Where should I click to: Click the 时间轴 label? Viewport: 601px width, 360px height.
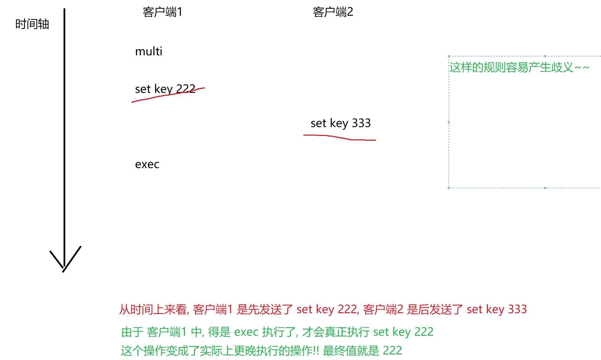pyautogui.click(x=32, y=24)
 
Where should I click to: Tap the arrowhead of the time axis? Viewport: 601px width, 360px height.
pyautogui.click(x=64, y=266)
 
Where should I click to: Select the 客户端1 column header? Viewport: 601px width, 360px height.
pyautogui.click(x=162, y=12)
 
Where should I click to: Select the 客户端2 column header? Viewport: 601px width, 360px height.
pyautogui.click(x=333, y=12)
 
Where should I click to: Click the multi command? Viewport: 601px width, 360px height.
pyautogui.click(x=149, y=52)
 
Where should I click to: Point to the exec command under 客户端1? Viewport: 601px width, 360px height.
pyautogui.click(x=147, y=165)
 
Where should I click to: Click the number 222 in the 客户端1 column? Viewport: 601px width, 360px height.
pyautogui.click(x=186, y=89)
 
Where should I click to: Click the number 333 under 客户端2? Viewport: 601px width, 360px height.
pyautogui.click(x=361, y=123)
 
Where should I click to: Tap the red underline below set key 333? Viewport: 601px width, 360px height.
pyautogui.click(x=339, y=137)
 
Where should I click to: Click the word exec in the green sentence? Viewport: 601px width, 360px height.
pyautogui.click(x=246, y=332)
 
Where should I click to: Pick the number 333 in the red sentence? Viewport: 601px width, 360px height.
pyautogui.click(x=517, y=309)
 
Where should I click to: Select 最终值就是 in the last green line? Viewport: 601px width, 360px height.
pyautogui.click(x=351, y=351)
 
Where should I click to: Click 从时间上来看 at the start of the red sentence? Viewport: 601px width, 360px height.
pyautogui.click(x=153, y=309)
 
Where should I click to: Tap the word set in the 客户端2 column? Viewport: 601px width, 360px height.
pyautogui.click(x=318, y=123)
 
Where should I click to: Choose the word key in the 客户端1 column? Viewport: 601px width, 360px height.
pyautogui.click(x=163, y=89)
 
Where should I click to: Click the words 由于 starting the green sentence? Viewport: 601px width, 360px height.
pyautogui.click(x=133, y=332)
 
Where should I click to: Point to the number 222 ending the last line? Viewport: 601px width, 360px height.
pyautogui.click(x=392, y=351)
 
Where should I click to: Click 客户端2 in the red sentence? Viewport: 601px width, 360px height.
pyautogui.click(x=383, y=309)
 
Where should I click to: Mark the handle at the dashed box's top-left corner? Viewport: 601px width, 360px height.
pyautogui.click(x=449, y=56)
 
